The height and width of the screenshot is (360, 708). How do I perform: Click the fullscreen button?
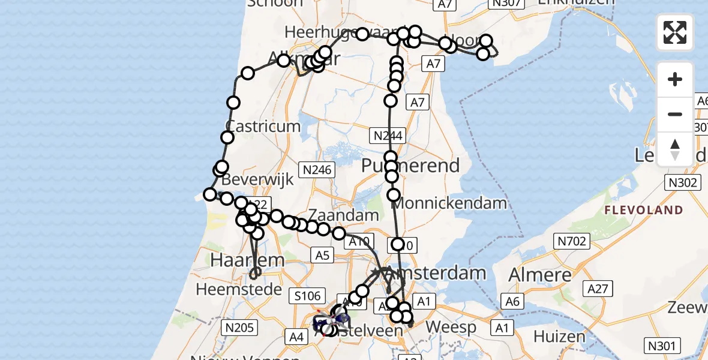(x=675, y=32)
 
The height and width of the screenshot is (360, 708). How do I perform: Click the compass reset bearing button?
(x=675, y=149)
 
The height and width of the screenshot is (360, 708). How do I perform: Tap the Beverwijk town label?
(x=257, y=179)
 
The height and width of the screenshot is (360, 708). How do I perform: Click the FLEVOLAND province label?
(x=644, y=210)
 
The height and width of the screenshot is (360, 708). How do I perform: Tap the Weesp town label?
(x=454, y=328)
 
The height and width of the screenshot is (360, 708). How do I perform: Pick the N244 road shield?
(x=388, y=135)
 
